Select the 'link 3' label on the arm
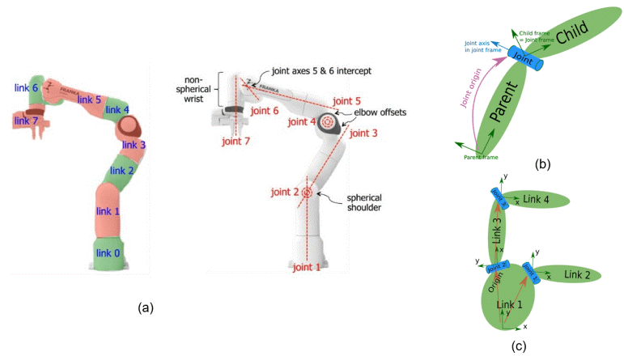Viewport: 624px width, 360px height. pos(134,146)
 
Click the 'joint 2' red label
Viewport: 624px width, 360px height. pos(285,193)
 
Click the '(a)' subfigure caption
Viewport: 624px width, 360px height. pos(146,307)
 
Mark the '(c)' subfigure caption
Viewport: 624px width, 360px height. pos(519,346)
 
